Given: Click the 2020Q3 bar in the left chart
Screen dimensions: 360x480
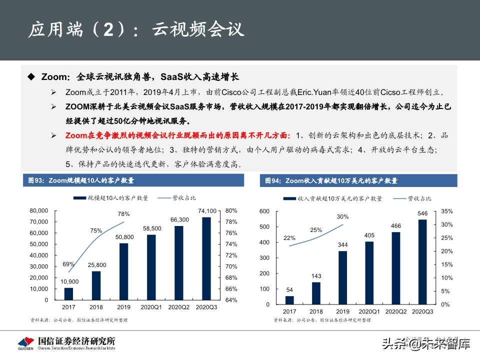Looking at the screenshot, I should coord(207,258).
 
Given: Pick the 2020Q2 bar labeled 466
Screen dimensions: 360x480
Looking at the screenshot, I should coord(395,268).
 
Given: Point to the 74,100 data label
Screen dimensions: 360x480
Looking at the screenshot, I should coord(207,210).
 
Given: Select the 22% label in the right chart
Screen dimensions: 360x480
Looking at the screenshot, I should coord(289,238).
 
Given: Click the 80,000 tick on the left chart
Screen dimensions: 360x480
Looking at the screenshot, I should coord(39,210).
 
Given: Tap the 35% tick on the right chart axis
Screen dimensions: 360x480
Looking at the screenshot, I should coord(446,211).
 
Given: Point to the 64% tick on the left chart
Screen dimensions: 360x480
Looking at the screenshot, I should coord(231,300).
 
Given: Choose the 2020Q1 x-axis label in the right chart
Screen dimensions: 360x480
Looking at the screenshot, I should coord(369,311).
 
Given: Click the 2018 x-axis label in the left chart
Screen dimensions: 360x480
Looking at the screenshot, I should coord(96,307).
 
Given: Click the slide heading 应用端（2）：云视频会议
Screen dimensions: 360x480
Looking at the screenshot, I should coord(136,29).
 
